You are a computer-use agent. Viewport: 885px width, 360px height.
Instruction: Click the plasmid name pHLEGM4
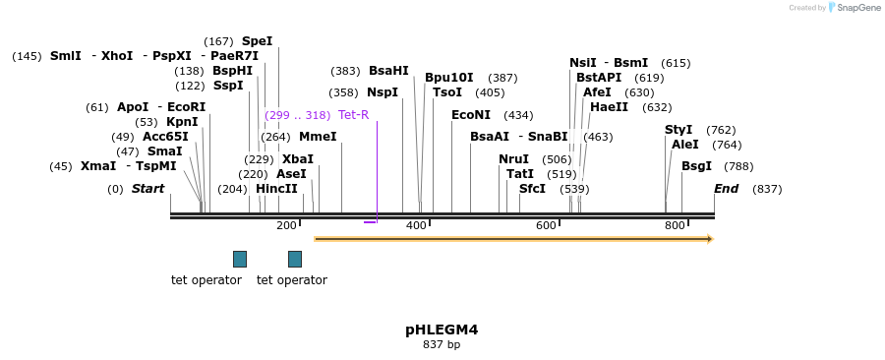(x=442, y=330)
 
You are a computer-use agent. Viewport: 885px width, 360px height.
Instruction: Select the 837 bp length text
(x=442, y=345)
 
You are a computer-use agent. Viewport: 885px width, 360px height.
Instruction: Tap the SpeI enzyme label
(x=257, y=41)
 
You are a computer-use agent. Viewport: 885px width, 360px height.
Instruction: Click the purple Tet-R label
(x=353, y=115)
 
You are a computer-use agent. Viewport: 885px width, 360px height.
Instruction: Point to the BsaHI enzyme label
(x=388, y=71)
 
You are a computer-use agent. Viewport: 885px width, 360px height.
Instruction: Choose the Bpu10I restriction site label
(x=449, y=78)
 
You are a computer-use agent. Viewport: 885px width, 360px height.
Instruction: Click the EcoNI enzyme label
(x=471, y=115)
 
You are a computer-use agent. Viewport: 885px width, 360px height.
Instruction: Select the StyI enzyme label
(x=678, y=130)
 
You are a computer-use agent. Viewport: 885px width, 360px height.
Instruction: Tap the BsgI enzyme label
(x=696, y=166)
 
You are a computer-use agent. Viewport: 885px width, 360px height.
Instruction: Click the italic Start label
(x=148, y=189)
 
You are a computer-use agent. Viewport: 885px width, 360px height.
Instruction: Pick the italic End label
(x=726, y=189)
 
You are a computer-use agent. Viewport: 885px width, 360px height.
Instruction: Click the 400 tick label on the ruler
(x=416, y=226)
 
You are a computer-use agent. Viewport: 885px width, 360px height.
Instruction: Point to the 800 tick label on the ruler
(x=675, y=226)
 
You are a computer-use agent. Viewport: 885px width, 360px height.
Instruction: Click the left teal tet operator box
(x=240, y=259)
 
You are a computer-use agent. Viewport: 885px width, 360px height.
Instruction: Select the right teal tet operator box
(x=295, y=259)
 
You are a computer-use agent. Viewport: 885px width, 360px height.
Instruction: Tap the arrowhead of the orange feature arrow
(x=709, y=239)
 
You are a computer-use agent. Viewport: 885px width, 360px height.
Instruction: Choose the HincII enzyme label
(x=276, y=189)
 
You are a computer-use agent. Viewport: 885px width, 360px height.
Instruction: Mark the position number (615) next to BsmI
(x=676, y=63)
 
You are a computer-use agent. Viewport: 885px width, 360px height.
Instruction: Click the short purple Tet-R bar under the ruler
(x=370, y=222)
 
